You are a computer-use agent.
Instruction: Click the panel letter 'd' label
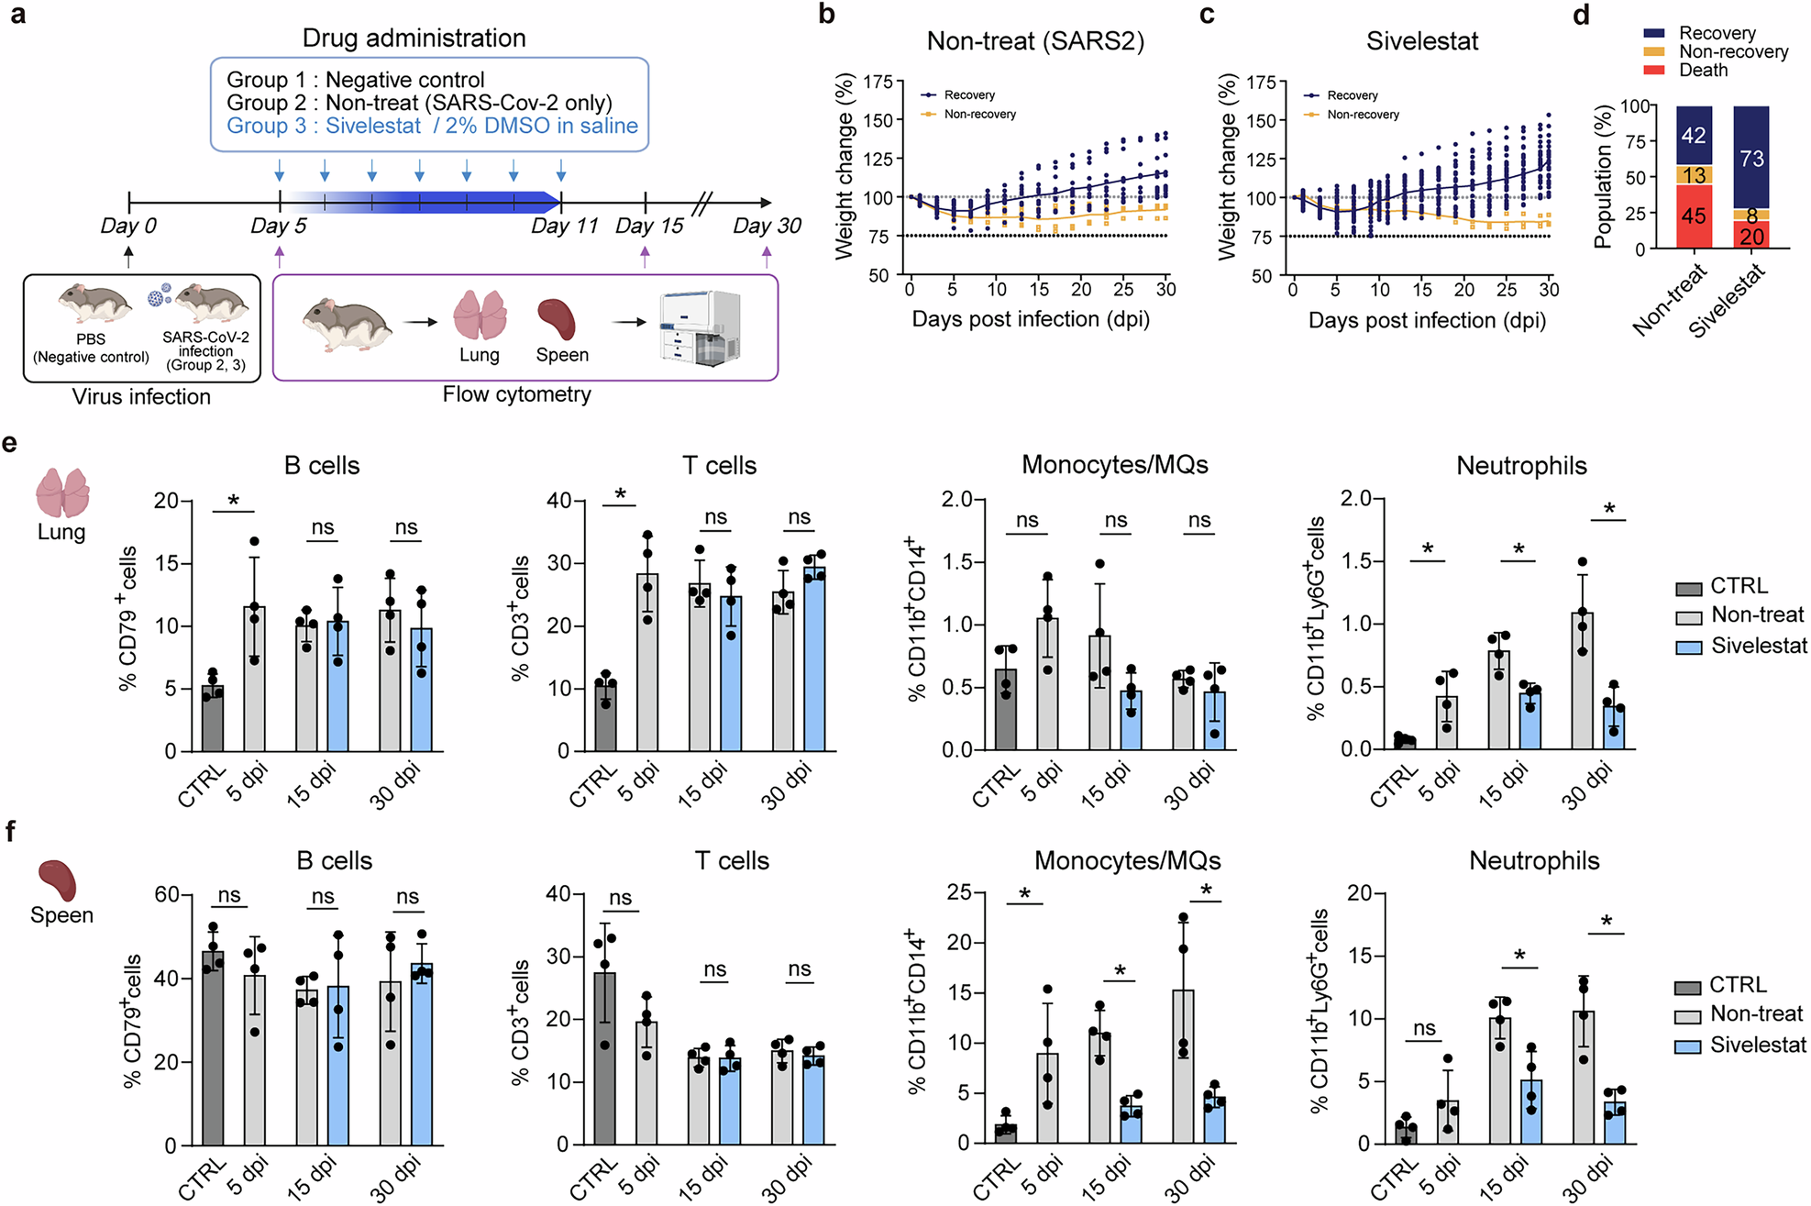1581,16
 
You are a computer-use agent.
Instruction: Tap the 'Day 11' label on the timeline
564,226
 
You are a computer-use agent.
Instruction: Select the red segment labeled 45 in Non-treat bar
1694,216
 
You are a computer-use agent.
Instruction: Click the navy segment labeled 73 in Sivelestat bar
1751,158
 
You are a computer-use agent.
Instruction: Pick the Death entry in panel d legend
1702,71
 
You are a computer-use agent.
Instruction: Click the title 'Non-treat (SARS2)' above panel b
1035,41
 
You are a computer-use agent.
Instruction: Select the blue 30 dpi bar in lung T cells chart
814,660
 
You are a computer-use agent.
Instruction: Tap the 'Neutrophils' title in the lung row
1521,466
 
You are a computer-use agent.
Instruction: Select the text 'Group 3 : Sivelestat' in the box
324,126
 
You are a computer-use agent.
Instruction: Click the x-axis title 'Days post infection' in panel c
1426,320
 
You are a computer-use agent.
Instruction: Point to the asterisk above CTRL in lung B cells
233,501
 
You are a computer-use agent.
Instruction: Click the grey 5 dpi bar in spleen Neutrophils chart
1447,1122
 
